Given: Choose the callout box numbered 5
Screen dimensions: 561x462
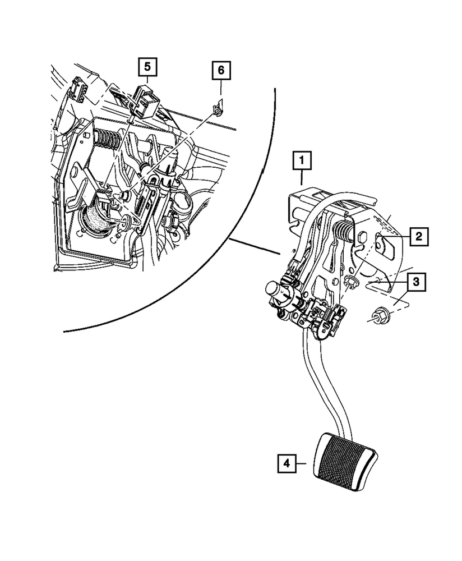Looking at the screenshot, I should [x=147, y=67].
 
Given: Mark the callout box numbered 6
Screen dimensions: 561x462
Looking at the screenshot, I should [x=221, y=71].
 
